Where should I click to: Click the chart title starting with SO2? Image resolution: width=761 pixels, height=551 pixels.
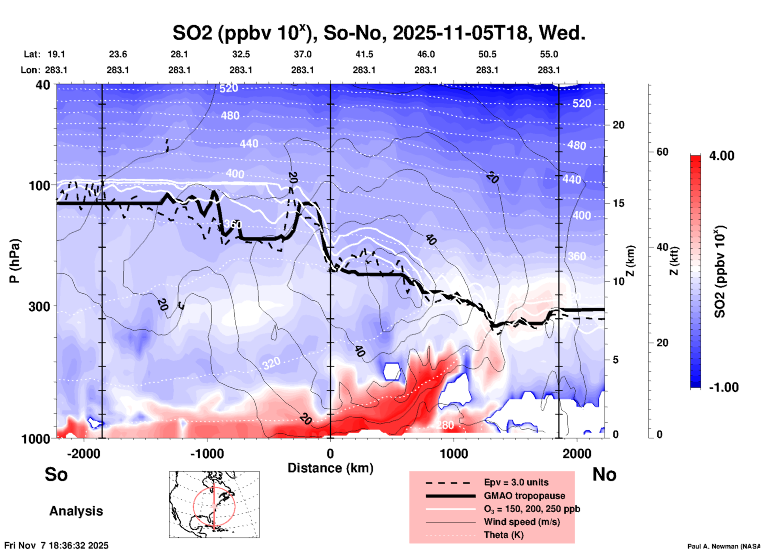[379, 33]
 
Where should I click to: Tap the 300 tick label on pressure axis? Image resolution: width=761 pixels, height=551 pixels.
[40, 306]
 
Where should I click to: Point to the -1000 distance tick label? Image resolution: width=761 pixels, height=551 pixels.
[207, 454]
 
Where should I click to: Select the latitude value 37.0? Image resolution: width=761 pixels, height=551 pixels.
[302, 54]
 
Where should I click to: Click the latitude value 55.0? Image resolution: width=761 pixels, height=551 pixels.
[549, 54]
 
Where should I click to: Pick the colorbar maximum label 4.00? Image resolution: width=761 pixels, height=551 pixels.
[721, 156]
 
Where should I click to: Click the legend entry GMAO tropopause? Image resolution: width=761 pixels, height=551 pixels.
[524, 496]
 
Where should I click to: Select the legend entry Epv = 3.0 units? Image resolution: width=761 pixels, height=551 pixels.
[516, 482]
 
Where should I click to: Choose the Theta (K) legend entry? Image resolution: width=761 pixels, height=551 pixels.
[503, 535]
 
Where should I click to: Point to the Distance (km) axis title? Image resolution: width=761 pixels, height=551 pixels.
[330, 468]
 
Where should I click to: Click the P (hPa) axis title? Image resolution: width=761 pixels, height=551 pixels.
[14, 261]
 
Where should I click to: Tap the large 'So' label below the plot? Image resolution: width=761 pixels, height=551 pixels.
[56, 474]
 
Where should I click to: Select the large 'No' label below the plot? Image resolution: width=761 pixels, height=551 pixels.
[604, 474]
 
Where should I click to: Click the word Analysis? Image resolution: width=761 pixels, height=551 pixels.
[76, 511]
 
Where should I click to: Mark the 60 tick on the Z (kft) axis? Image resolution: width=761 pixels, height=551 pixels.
[662, 152]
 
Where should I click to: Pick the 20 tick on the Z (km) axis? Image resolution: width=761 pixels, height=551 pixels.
[618, 125]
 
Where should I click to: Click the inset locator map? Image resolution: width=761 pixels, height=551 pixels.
[214, 504]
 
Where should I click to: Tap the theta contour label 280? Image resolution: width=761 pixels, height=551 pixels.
[445, 425]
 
